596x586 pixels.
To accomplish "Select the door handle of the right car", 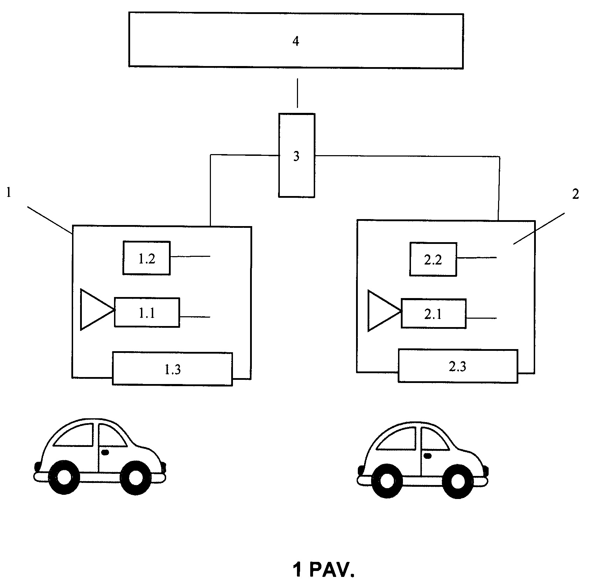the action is (427, 455).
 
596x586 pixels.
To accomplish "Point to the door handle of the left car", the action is (105, 452).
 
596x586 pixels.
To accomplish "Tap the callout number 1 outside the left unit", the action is (9, 193).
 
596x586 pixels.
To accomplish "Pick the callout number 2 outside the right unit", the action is (575, 195).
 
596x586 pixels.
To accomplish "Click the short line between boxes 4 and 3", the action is (297, 93).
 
